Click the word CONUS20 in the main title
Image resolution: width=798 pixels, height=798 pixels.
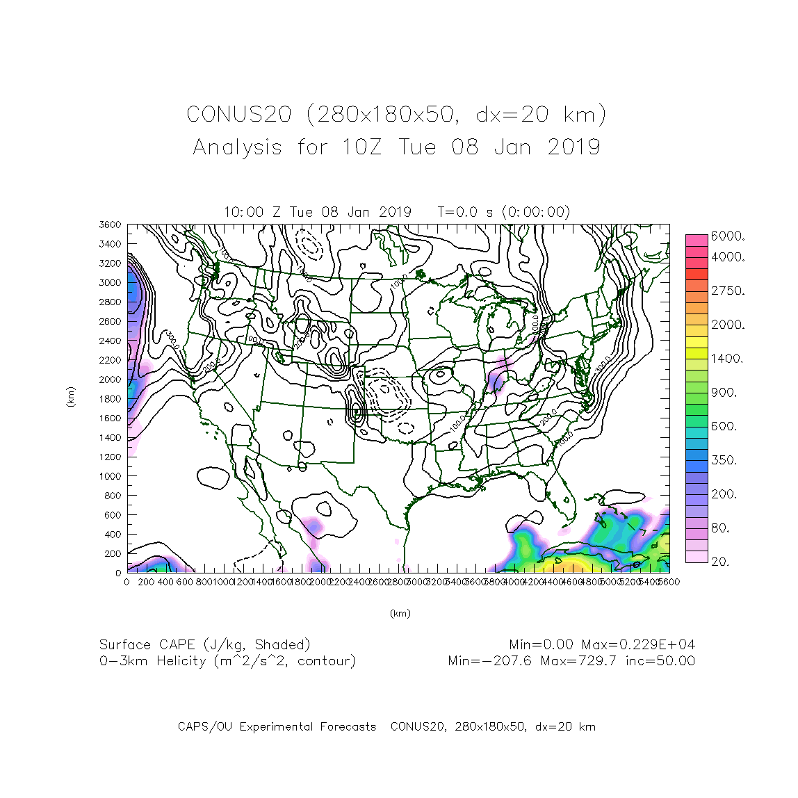coord(238,115)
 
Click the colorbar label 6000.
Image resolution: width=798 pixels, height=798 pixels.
coord(727,236)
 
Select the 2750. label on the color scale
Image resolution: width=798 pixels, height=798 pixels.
coord(727,291)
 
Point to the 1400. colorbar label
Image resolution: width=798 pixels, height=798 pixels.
coord(727,359)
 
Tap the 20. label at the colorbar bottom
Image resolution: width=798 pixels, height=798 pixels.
coord(719,562)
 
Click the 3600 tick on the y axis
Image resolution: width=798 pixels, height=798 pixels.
coord(110,225)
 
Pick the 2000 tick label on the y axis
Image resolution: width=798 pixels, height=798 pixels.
coord(110,380)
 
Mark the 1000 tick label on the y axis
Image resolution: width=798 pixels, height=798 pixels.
coord(110,476)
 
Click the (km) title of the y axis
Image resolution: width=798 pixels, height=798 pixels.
coord(71,398)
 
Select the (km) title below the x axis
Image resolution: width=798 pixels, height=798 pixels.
coord(400,613)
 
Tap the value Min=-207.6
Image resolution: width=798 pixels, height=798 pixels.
coord(490,661)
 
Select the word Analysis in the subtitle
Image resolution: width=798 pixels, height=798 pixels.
coord(238,147)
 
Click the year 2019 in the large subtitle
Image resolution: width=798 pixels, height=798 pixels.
coord(573,147)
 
